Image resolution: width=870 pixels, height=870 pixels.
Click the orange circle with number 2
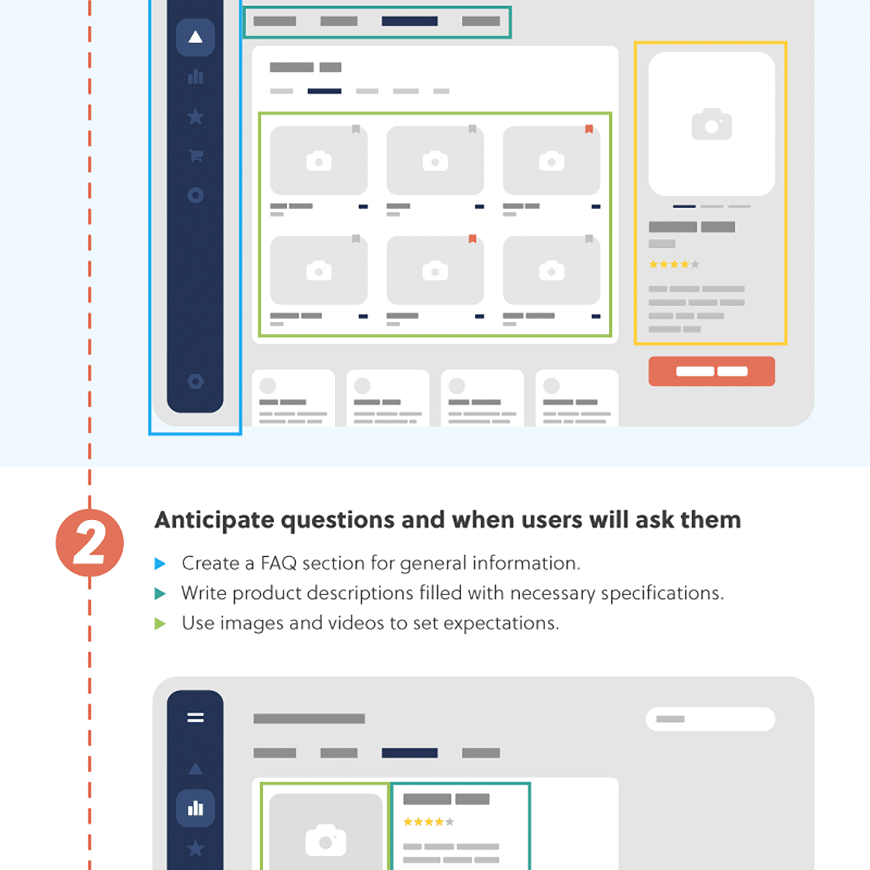(x=90, y=543)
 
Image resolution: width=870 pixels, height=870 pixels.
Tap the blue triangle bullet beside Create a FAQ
(x=161, y=564)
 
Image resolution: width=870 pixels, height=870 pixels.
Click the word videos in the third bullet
(x=356, y=623)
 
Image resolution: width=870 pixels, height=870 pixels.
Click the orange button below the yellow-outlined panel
(x=711, y=371)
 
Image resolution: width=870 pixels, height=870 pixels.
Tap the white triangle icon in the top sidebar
(x=195, y=37)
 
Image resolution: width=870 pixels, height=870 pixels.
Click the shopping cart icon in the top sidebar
(x=195, y=155)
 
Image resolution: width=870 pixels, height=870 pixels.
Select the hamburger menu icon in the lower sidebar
(x=195, y=718)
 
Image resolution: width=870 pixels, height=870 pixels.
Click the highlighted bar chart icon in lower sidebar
(x=195, y=808)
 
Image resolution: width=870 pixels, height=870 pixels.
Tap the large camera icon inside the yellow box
(x=711, y=125)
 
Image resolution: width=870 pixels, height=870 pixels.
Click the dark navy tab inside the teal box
(x=410, y=22)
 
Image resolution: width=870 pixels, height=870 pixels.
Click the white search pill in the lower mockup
(x=710, y=719)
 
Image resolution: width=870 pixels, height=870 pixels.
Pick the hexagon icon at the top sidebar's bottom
(x=195, y=381)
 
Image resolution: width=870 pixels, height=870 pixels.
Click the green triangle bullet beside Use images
(x=161, y=623)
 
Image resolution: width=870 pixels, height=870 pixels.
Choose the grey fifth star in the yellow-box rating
(x=695, y=265)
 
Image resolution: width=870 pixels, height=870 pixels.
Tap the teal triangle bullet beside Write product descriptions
(x=161, y=594)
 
